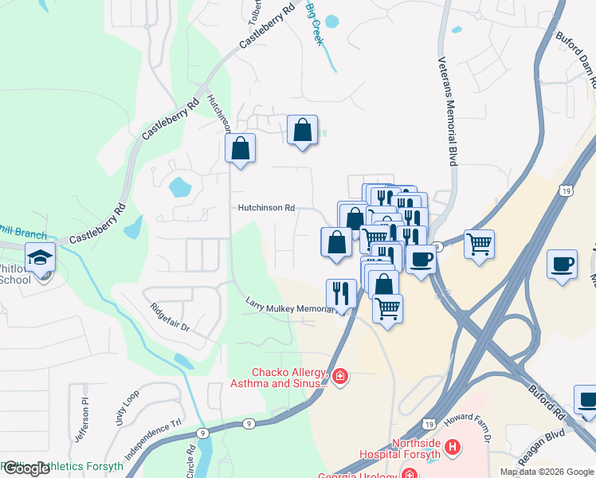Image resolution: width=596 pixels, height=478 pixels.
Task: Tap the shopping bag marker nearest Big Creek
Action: pos(303,131)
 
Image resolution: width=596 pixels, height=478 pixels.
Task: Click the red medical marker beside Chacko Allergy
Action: pos(340,375)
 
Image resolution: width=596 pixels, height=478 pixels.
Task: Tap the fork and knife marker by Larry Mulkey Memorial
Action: pos(342,293)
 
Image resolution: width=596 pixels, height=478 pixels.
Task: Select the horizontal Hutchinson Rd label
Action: pos(265,208)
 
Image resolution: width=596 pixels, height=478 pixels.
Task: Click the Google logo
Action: pos(26,468)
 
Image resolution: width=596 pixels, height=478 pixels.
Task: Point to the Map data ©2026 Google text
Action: pos(546,472)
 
